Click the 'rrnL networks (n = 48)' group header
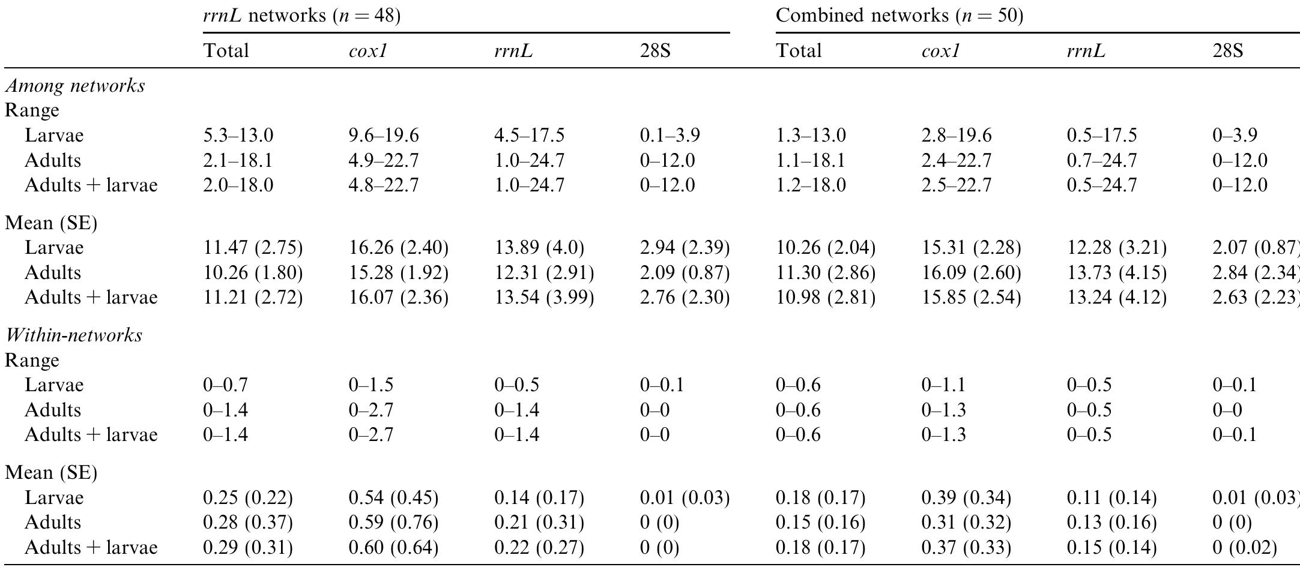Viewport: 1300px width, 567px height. tap(301, 16)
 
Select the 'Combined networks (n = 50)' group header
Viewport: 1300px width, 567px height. tap(899, 16)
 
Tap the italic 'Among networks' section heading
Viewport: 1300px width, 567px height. tap(75, 86)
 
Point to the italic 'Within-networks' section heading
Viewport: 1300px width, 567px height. tap(74, 335)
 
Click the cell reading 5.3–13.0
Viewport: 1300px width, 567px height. tap(238, 136)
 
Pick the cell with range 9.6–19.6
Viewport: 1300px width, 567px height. tap(384, 136)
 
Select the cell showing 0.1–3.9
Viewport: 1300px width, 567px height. tap(670, 136)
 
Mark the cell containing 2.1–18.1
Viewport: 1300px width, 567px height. tap(238, 161)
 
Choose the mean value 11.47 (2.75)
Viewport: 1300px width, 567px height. tap(253, 248)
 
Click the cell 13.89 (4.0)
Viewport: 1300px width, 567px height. tap(539, 248)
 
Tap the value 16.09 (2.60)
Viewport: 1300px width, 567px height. tap(971, 273)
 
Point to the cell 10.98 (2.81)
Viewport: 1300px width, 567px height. tap(826, 298)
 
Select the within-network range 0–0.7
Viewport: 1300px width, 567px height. tap(225, 385)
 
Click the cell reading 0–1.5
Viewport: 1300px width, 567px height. tap(371, 385)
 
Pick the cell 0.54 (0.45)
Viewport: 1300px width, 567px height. tap(393, 498)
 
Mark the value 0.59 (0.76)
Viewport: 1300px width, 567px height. tap(393, 523)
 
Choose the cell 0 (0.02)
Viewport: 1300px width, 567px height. tap(1244, 548)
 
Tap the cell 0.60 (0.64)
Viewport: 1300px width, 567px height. tap(393, 548)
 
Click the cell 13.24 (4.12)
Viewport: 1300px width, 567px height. tap(1116, 298)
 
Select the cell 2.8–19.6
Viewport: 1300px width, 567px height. tap(957, 136)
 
